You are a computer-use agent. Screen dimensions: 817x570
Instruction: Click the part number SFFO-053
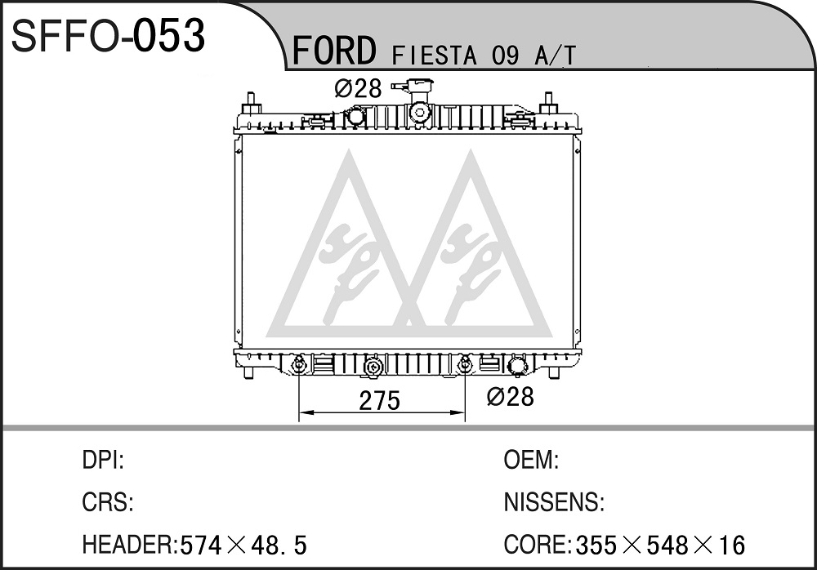pos(109,35)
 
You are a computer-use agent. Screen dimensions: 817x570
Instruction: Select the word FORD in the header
pos(334,51)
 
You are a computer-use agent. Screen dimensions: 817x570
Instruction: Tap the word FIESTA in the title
pos(434,56)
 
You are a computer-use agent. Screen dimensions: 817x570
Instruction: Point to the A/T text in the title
pos(555,56)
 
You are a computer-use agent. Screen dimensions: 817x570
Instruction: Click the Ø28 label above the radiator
pos(359,88)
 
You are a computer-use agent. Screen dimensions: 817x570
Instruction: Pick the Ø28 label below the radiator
pos(510,397)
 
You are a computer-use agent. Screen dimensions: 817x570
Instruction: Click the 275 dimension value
pos(380,400)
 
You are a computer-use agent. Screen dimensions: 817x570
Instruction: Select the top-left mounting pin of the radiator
pos(251,103)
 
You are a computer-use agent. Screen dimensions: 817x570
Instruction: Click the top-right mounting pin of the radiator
pos(549,103)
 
